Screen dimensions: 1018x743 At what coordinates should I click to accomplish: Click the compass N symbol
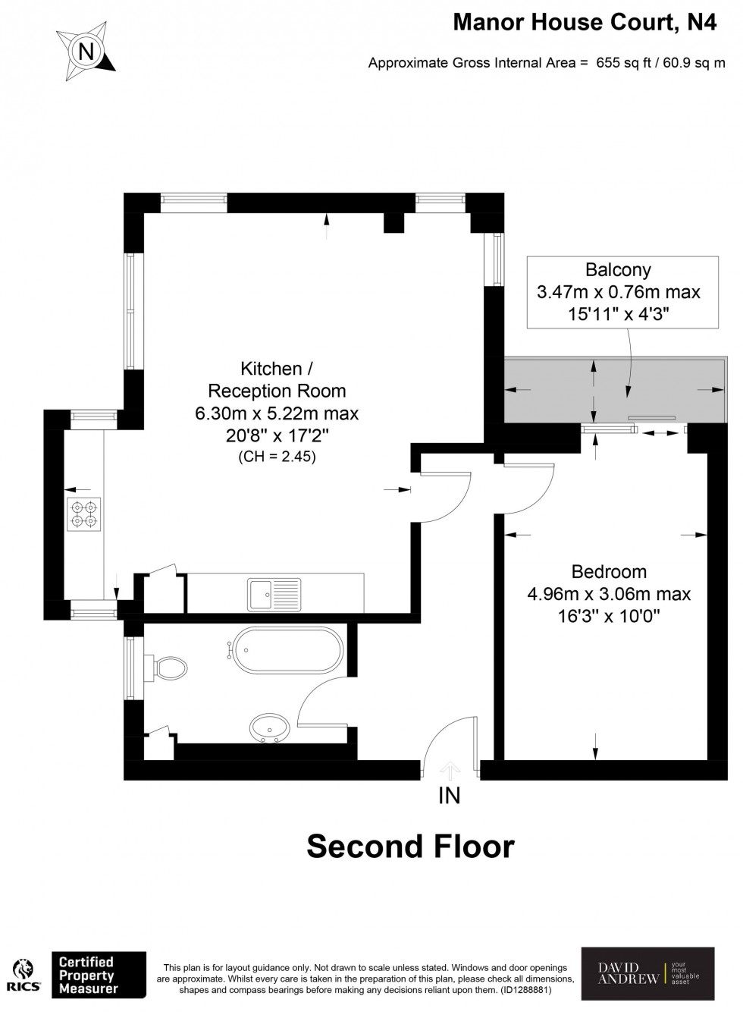coord(86,52)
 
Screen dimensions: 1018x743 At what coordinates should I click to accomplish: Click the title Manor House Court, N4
coord(584,23)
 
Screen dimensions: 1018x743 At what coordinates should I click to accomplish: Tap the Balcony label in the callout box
coord(618,269)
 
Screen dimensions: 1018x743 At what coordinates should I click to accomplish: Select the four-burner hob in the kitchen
coord(83,515)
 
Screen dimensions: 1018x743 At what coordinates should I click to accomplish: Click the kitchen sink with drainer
coord(274,593)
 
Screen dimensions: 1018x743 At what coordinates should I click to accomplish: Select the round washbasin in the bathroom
coord(269,728)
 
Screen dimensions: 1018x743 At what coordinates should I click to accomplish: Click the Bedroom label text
coord(609,572)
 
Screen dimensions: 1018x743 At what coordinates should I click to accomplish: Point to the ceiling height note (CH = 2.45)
coord(277,457)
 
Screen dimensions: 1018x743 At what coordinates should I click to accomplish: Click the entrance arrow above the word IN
coord(450,771)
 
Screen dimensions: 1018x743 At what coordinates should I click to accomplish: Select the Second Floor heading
coord(410,846)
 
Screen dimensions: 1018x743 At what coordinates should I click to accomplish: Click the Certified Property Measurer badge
coord(98,975)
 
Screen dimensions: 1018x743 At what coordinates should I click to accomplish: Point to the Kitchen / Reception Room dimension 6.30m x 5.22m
coord(277,413)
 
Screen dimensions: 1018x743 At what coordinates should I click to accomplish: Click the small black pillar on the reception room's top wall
coord(393,222)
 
